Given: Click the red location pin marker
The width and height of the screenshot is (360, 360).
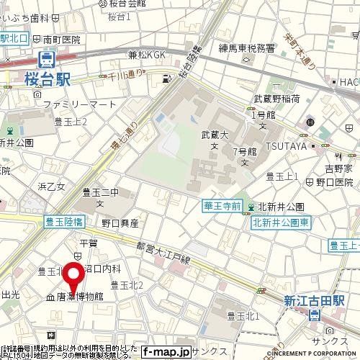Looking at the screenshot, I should pyautogui.click(x=73, y=276).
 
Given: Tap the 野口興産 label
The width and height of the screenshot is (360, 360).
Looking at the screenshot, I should pyautogui.click(x=120, y=223).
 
